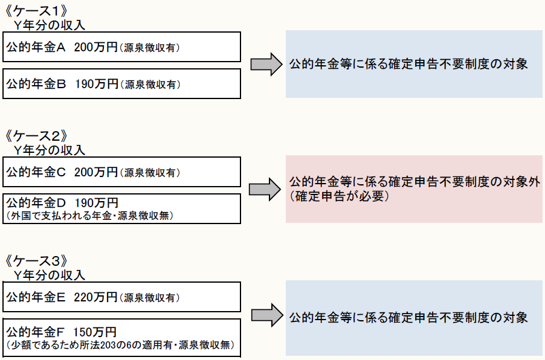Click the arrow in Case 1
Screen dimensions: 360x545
pyautogui.click(x=266, y=64)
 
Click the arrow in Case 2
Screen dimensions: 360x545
pyautogui.click(x=266, y=189)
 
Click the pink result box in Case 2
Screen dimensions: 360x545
pyautogui.click(x=414, y=189)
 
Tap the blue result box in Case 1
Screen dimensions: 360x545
pyautogui.click(x=414, y=64)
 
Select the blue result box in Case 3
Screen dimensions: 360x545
pyautogui.click(x=414, y=318)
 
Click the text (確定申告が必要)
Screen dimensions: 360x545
pyautogui.click(x=338, y=197)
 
